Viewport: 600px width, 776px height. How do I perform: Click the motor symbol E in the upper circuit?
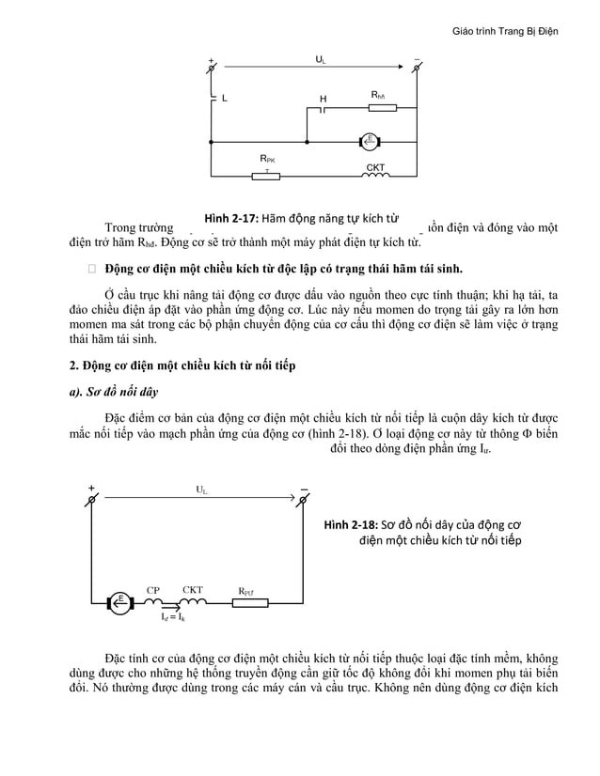coord(371,142)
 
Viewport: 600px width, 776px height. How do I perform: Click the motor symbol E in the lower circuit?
coord(120,601)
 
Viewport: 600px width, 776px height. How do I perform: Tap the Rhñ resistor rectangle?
coord(382,107)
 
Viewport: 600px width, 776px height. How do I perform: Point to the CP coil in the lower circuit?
coord(154,601)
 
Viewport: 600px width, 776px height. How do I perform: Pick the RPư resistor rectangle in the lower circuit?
coord(249,601)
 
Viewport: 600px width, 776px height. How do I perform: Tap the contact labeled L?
coord(213,97)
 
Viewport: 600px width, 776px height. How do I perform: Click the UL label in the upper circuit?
coord(321,59)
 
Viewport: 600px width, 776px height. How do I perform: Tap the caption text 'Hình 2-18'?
coord(349,523)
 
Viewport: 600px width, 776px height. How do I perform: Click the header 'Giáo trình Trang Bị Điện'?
coord(505,31)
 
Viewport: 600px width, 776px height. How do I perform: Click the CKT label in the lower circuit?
coord(193,590)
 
